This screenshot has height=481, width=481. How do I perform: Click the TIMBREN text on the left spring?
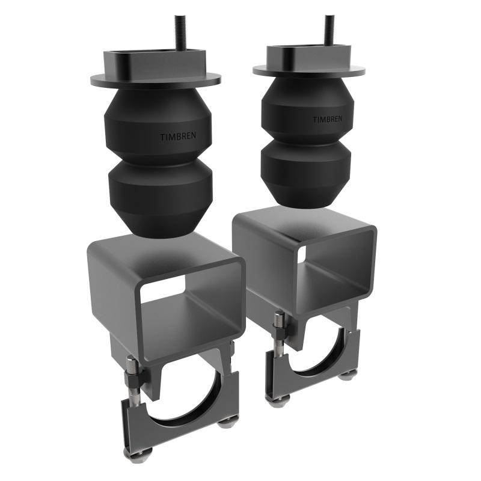coord(177,136)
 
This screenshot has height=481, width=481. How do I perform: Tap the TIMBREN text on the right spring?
coord(327,119)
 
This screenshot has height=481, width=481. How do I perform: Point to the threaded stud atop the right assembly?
coord(329,27)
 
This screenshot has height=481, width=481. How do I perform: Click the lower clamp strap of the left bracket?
coord(180,430)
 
